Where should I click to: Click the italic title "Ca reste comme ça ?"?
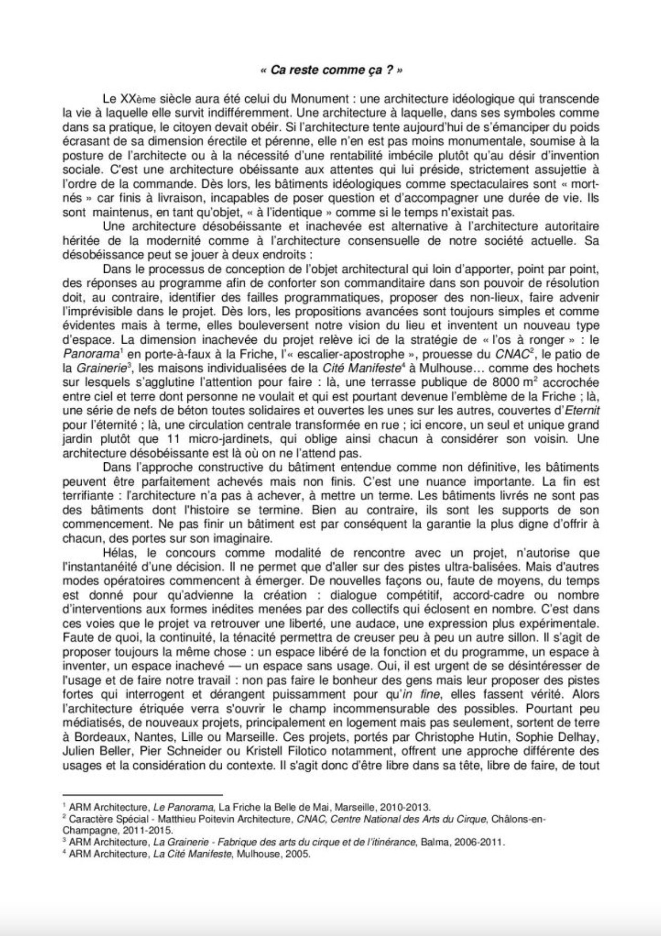(x=330, y=71)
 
